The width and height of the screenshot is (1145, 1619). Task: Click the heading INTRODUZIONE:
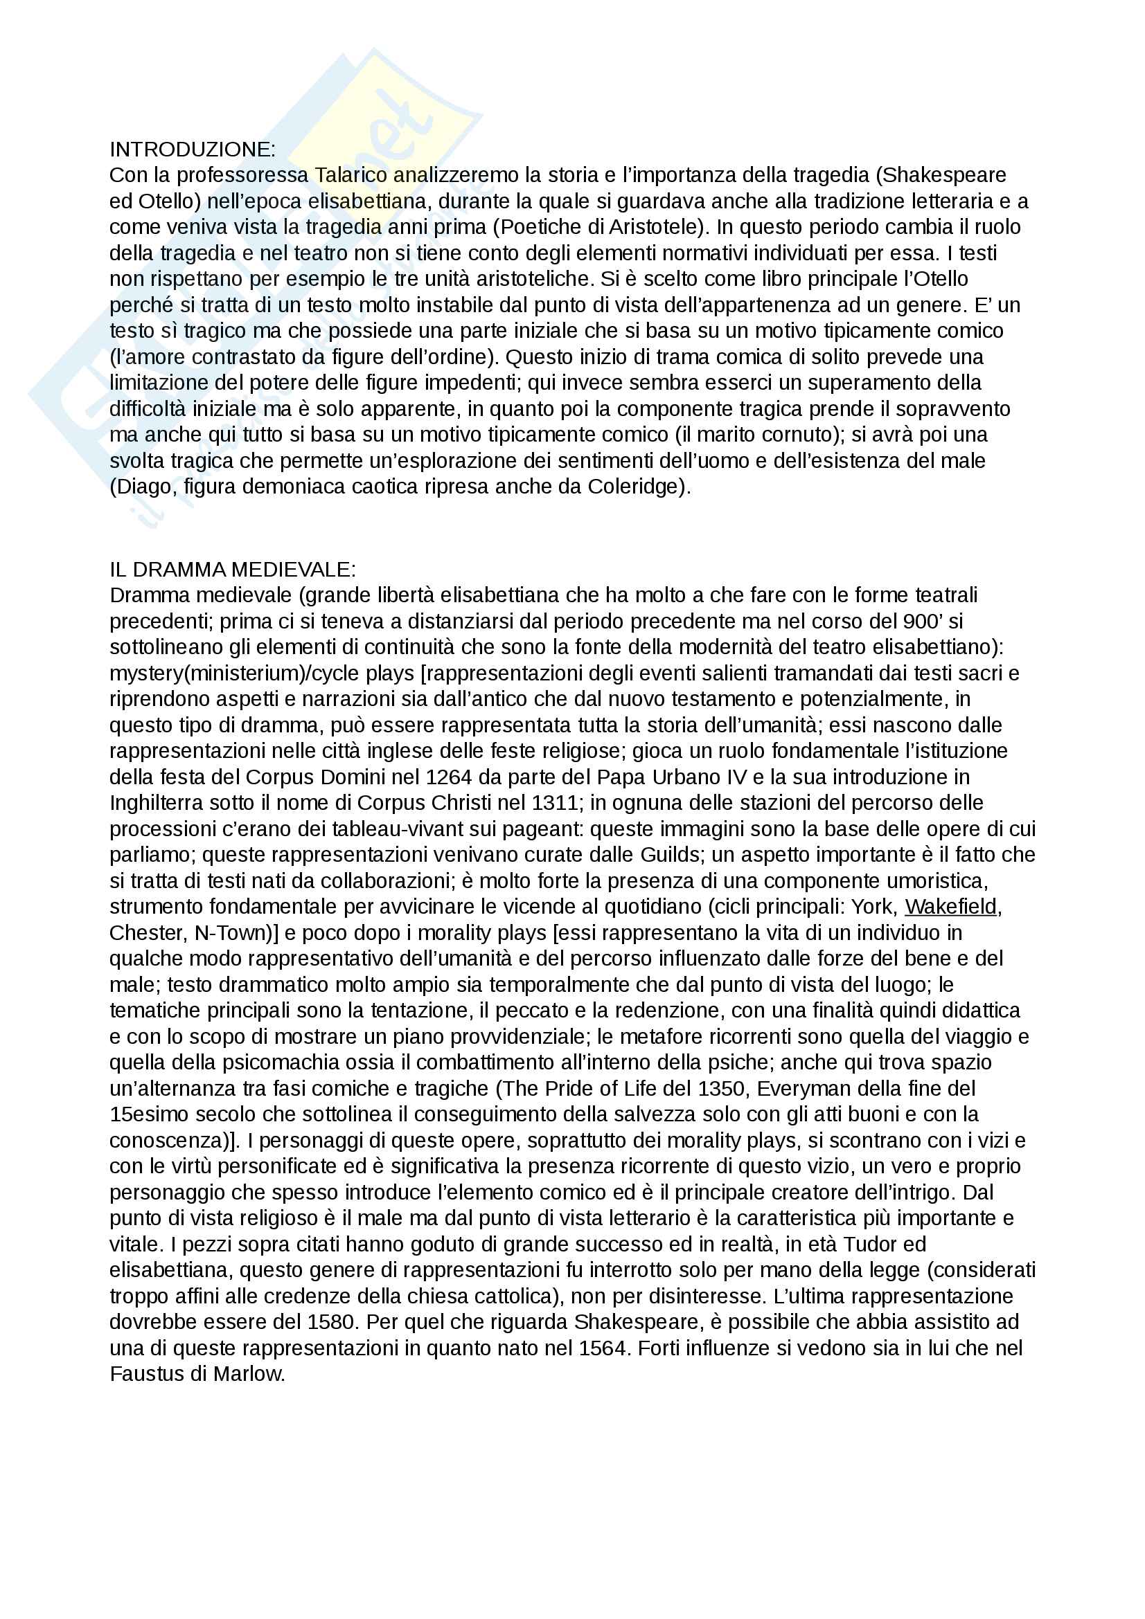[193, 150]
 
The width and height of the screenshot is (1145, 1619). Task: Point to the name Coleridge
[636, 487]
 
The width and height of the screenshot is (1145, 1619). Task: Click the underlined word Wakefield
[951, 906]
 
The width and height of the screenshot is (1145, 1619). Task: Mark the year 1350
[721, 1088]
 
